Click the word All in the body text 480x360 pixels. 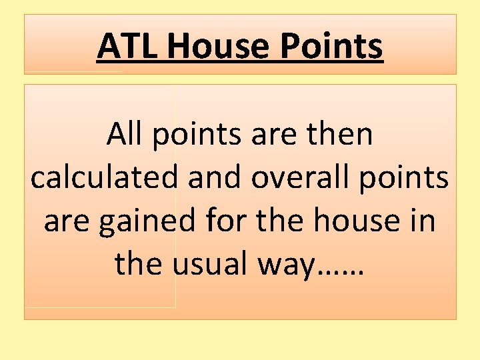tap(125, 135)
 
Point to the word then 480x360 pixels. tap(343, 135)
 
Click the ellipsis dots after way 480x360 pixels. tap(341, 272)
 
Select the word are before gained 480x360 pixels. tap(67, 222)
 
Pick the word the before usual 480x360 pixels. tap(139, 264)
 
